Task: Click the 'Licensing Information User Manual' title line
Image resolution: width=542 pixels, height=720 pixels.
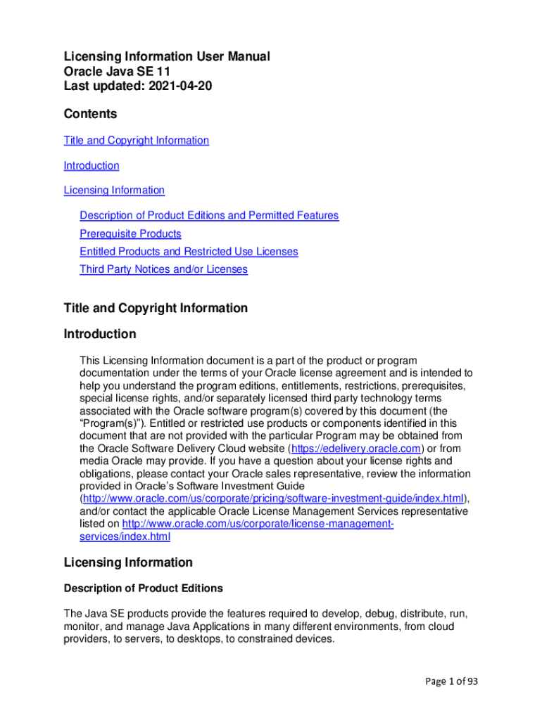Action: pos(167,56)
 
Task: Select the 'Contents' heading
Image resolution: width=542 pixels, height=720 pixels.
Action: pos(90,114)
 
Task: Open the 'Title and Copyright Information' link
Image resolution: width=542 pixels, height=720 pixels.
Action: pos(136,141)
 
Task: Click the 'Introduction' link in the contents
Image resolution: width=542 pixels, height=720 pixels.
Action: pos(92,166)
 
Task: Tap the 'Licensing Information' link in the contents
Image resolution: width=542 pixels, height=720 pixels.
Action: pos(114,191)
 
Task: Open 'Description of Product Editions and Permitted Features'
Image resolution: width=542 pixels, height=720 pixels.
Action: pos(209,216)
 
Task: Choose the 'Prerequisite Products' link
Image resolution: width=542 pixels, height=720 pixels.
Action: pos(130,234)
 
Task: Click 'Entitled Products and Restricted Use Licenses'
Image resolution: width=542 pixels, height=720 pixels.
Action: pos(189,252)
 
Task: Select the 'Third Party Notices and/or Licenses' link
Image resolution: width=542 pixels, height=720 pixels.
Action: pos(163,269)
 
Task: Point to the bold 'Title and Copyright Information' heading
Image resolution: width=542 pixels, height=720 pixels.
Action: pos(156,308)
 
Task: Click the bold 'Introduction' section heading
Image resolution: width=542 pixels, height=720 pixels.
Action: pos(100,334)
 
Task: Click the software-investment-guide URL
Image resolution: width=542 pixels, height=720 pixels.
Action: pos(275,499)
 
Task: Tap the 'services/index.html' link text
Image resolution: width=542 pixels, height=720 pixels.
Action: pos(125,537)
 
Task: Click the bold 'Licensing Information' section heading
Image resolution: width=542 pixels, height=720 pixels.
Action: pos(128,562)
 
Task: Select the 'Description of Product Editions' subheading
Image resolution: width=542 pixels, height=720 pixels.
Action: pos(143,589)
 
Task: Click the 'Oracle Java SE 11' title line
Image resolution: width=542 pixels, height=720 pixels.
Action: pos(117,71)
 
